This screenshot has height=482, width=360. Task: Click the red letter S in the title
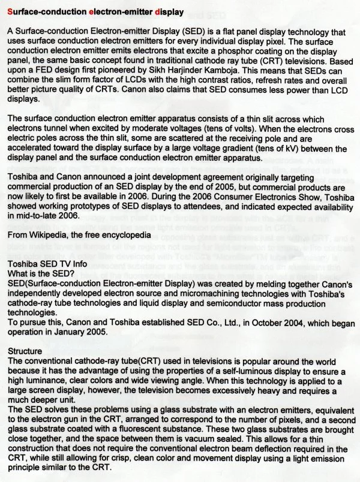pos(10,11)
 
